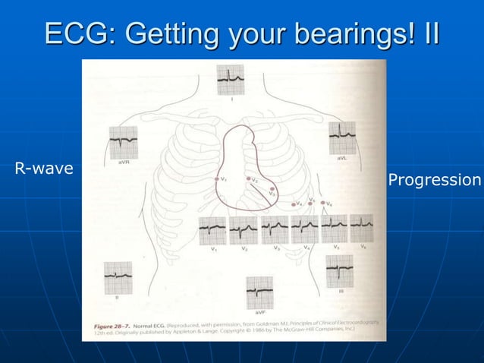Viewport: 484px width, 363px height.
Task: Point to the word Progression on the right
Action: tap(434, 180)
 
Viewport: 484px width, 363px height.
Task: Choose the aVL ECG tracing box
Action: tap(342, 138)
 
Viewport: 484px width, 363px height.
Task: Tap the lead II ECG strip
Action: tap(118, 278)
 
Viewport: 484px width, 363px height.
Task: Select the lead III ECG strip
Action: tap(339, 271)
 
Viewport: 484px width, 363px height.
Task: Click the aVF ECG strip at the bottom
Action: tap(260, 292)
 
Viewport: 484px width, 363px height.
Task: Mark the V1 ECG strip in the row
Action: tap(212, 229)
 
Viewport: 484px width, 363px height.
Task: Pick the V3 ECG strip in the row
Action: tap(274, 229)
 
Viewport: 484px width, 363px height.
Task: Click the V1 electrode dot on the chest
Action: tap(218, 179)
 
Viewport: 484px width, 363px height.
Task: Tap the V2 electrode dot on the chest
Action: tap(247, 180)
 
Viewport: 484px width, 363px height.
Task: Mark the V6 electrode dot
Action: tap(324, 203)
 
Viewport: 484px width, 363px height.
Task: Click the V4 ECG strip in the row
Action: tap(305, 229)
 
